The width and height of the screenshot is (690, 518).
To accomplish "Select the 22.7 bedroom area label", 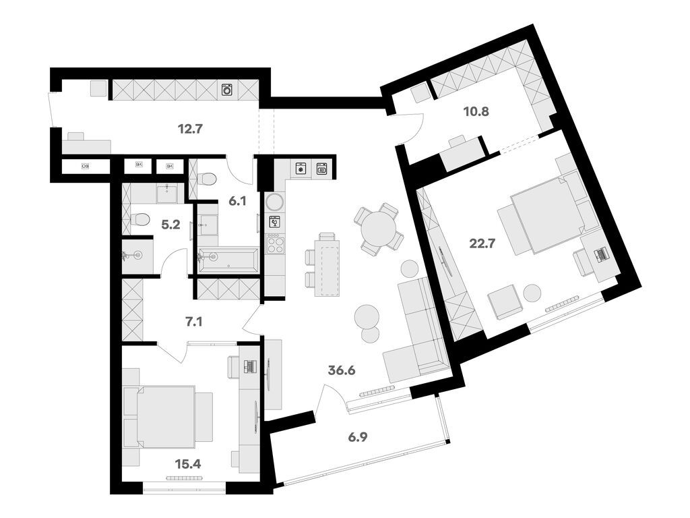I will point(482,244).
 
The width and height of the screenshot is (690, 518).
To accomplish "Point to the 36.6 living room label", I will point(342,370).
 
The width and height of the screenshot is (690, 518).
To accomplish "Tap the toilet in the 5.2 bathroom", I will point(139,219).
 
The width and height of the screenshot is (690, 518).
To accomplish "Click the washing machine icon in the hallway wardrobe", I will point(226,89).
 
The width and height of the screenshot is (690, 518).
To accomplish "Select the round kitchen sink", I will point(275,201).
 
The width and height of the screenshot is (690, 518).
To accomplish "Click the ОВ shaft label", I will point(86,165).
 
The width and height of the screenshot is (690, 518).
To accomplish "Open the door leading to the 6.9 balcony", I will point(332,398).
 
